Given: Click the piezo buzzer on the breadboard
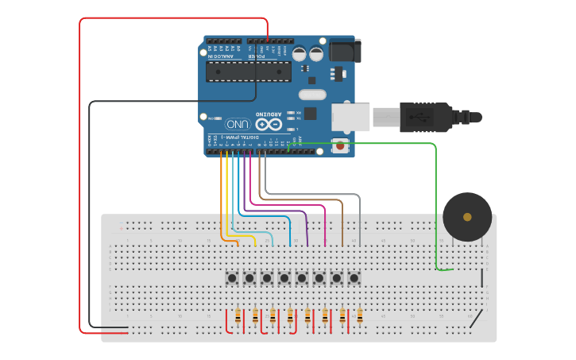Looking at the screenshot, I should (x=467, y=216).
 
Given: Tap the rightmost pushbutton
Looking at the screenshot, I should (x=354, y=277).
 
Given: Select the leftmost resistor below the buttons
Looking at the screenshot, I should (x=238, y=316).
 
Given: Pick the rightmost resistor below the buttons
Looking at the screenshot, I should (x=359, y=316).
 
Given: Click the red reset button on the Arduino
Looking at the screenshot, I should (x=340, y=145).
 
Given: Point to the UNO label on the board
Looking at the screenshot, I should (x=238, y=124).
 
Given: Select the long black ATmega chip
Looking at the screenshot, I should (x=248, y=72).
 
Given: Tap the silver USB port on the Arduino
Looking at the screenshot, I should (x=350, y=117).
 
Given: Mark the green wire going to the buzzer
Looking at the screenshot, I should (x=435, y=199).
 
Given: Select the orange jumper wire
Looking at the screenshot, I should (x=221, y=199).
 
